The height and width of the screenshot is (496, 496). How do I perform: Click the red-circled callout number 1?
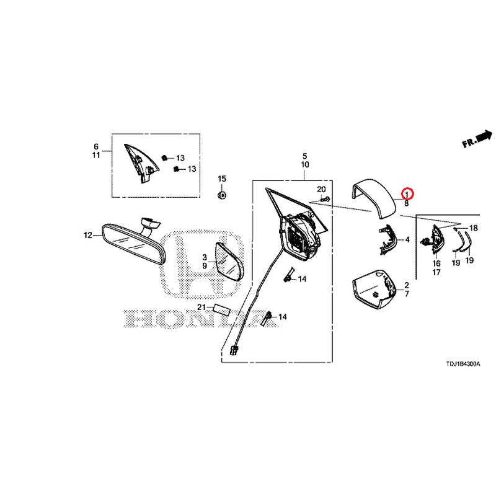tap(407, 193)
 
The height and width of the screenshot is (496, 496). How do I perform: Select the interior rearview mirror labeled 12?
tap(133, 241)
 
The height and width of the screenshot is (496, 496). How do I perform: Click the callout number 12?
tap(87, 235)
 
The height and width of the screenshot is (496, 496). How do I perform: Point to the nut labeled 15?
tap(222, 195)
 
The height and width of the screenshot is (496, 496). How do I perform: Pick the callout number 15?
tap(222, 179)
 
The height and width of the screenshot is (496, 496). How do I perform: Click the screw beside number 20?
tap(325, 199)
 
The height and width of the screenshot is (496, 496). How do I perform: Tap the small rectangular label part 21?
tap(222, 309)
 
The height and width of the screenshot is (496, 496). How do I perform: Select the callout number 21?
tap(201, 307)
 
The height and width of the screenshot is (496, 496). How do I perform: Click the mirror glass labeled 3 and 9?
tap(229, 262)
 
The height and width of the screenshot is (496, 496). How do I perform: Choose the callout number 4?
tap(407, 240)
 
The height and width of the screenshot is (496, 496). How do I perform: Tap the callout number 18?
tap(474, 228)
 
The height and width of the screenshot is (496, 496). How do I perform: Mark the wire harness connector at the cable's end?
tap(234, 350)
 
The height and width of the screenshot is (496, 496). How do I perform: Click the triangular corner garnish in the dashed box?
tap(141, 163)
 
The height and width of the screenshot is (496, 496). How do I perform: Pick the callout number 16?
tap(436, 263)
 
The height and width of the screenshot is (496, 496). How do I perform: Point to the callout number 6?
tap(96, 146)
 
